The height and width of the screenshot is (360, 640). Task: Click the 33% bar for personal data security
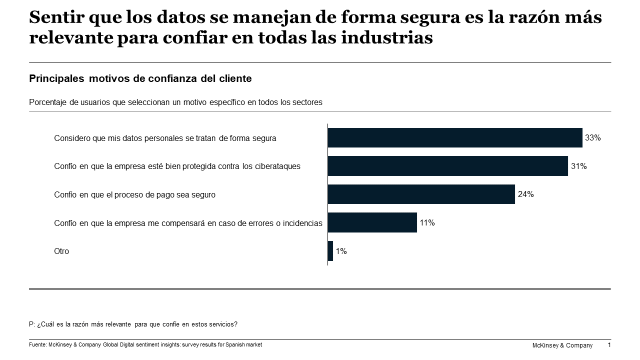tap(455, 137)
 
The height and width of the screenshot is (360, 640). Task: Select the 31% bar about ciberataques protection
tap(447, 166)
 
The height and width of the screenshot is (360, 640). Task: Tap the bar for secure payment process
tap(421, 194)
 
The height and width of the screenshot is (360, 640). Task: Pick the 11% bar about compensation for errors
tap(372, 222)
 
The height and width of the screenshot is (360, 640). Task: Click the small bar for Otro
tap(330, 251)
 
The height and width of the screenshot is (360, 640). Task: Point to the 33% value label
tap(593, 137)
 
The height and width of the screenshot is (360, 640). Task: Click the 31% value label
tap(578, 166)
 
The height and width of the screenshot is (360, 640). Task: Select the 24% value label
tap(525, 194)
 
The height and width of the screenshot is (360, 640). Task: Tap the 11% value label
tap(427, 222)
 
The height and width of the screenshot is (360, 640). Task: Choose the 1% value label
tap(341, 251)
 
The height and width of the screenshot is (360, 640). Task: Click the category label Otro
tap(61, 251)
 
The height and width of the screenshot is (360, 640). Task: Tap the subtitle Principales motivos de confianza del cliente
tap(140, 78)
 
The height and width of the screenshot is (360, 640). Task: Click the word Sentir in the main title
tap(53, 18)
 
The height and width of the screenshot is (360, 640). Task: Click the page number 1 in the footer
tap(609, 345)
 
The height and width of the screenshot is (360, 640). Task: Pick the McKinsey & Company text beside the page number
tap(562, 345)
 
